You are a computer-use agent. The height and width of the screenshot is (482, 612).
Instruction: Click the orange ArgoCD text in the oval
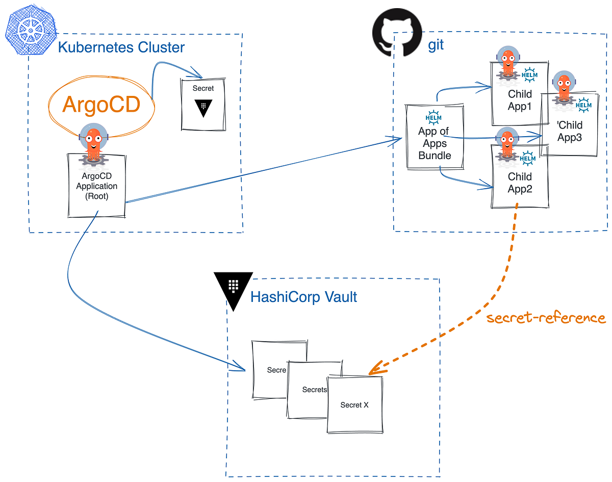tap(101, 105)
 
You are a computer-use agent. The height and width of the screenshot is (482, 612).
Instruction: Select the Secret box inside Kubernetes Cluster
tap(203, 105)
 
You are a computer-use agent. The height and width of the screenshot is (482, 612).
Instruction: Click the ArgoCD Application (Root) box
tap(96, 186)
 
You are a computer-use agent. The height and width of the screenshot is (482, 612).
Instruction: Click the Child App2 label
tap(520, 183)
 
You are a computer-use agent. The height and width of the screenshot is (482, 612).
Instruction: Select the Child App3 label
tap(570, 131)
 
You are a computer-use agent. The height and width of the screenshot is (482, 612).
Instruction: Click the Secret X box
tap(354, 405)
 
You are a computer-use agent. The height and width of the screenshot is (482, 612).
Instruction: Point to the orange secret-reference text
tap(545, 318)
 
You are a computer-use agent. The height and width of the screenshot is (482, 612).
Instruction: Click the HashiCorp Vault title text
tap(303, 296)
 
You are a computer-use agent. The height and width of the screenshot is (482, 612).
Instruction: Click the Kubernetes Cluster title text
tap(121, 47)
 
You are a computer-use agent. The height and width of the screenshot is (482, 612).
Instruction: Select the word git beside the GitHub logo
tap(436, 44)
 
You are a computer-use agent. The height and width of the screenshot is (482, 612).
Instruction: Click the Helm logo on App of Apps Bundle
tap(433, 118)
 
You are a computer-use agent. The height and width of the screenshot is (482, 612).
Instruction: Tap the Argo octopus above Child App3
tap(564, 88)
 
